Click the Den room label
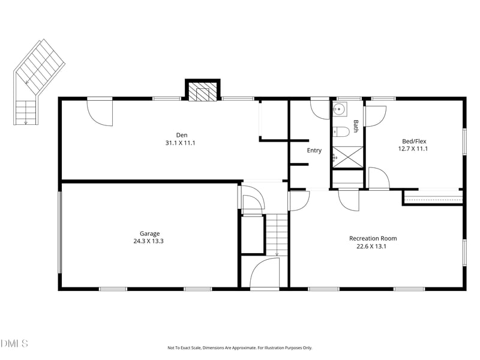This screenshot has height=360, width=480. pyautogui.click(x=181, y=134)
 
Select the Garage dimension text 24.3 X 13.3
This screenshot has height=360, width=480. pyautogui.click(x=149, y=241)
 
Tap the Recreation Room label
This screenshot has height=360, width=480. pyautogui.click(x=373, y=238)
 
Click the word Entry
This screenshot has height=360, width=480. pyautogui.click(x=314, y=150)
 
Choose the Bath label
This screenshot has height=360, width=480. pyautogui.click(x=356, y=126)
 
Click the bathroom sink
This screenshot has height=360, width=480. pyautogui.click(x=339, y=109)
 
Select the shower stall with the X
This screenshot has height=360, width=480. pyautogui.click(x=348, y=157)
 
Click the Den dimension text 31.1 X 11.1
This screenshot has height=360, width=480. pyautogui.click(x=181, y=143)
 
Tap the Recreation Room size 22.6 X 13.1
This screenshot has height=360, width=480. pyautogui.click(x=373, y=246)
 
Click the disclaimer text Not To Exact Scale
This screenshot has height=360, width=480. pyautogui.click(x=239, y=347)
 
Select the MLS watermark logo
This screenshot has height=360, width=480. pyautogui.click(x=14, y=343)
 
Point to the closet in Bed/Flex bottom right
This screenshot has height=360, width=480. pyautogui.click(x=433, y=197)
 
